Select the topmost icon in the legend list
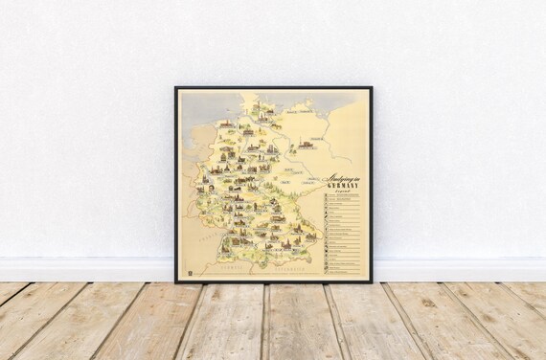pyautogui.click(x=327, y=195)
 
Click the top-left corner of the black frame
pyautogui.click(x=176, y=88)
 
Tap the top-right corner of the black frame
pyautogui.click(x=372, y=88)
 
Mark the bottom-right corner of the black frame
pyautogui.click(x=372, y=282)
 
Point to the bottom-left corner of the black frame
pyautogui.click(x=176, y=282)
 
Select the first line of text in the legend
pyautogui.click(x=345, y=195)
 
